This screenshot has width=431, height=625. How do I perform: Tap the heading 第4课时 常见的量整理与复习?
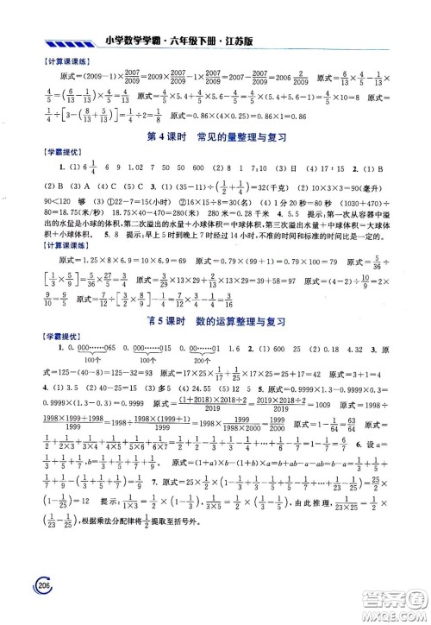click(216, 137)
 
